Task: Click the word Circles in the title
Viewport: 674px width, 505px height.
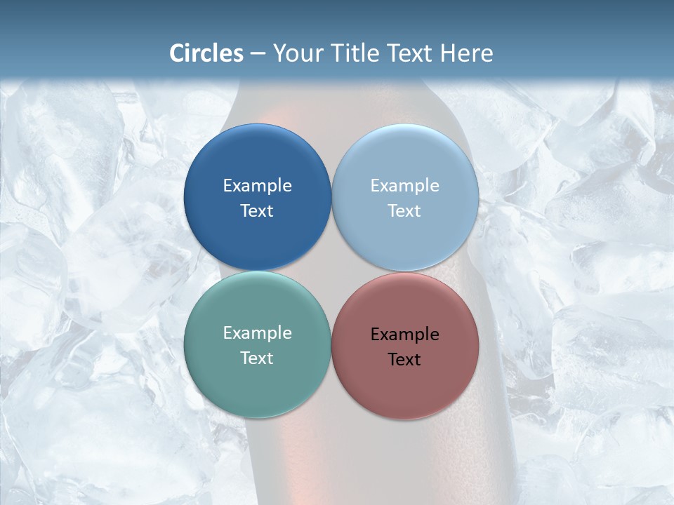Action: click(206, 53)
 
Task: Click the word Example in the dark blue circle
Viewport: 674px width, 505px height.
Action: click(257, 185)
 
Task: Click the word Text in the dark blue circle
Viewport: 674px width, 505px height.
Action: click(257, 210)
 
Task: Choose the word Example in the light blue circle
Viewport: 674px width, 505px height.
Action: click(405, 185)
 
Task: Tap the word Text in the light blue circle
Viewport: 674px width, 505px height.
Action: click(405, 210)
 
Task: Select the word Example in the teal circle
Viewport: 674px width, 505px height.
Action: click(257, 332)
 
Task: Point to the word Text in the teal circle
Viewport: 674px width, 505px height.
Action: click(257, 358)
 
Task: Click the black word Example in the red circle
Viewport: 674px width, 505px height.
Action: click(405, 334)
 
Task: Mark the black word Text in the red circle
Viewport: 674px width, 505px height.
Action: click(405, 359)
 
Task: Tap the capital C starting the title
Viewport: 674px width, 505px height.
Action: click(177, 53)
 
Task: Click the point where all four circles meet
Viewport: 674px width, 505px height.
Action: click(331, 271)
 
